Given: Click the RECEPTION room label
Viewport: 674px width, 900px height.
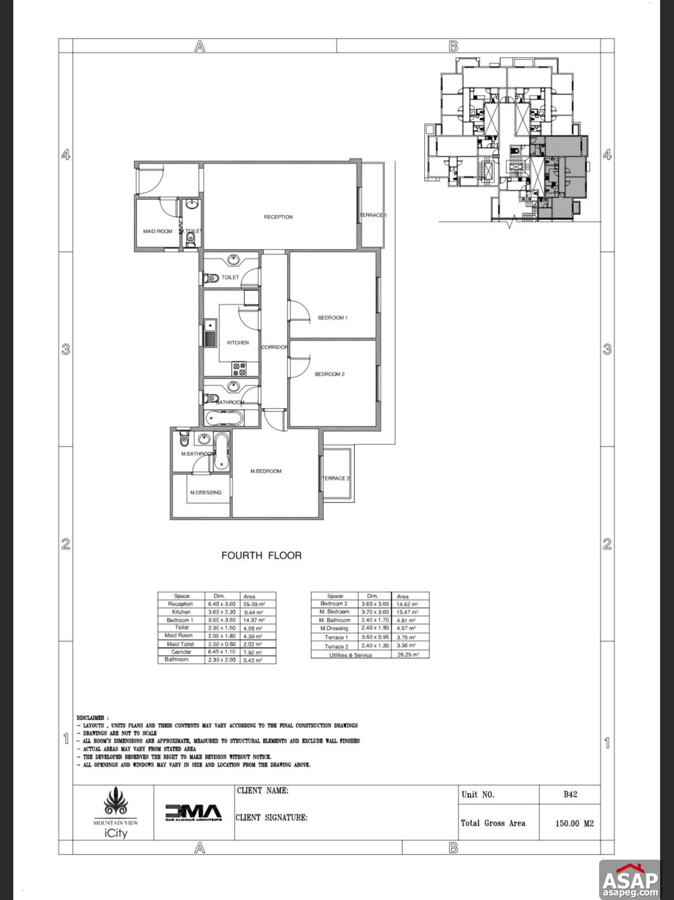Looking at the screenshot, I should (x=278, y=217).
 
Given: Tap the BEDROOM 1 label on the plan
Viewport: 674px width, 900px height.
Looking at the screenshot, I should (x=332, y=317).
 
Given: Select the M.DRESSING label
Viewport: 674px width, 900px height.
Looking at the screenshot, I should (x=206, y=493).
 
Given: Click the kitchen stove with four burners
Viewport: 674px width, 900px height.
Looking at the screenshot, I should (x=238, y=368).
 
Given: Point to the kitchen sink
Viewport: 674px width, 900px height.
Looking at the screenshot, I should (x=210, y=334).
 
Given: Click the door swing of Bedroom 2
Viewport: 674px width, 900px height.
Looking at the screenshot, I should (x=300, y=366).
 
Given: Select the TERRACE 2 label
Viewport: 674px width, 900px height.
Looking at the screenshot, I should (x=336, y=478).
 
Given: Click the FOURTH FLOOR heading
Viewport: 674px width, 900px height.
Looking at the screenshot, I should (x=262, y=555).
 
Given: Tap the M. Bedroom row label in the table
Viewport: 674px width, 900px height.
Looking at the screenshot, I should (x=335, y=611).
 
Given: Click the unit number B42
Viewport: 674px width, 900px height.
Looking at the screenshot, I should (x=570, y=795).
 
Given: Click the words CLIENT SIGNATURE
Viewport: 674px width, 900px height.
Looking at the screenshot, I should (x=271, y=817).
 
